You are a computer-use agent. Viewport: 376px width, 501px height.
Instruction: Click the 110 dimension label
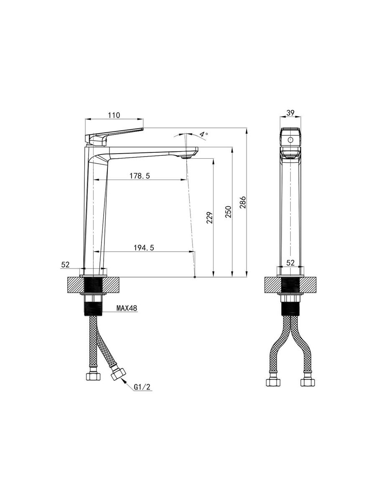pyautogui.click(x=114, y=115)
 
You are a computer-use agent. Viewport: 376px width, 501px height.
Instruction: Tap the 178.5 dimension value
pyautogui.click(x=140, y=176)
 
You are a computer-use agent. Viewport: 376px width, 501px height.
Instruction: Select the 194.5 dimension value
pyautogui.click(x=144, y=248)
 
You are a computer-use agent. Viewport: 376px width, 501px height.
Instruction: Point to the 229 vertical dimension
pyautogui.click(x=210, y=218)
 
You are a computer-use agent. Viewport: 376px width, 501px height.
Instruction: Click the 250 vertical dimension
pyautogui.click(x=228, y=212)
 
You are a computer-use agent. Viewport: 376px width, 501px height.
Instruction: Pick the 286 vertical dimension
pyautogui.click(x=243, y=202)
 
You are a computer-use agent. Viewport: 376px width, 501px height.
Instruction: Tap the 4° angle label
pyautogui.click(x=203, y=134)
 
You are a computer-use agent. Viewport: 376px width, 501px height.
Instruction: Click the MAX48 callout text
pyautogui.click(x=127, y=308)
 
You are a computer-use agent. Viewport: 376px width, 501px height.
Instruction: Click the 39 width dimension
pyautogui.click(x=290, y=113)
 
